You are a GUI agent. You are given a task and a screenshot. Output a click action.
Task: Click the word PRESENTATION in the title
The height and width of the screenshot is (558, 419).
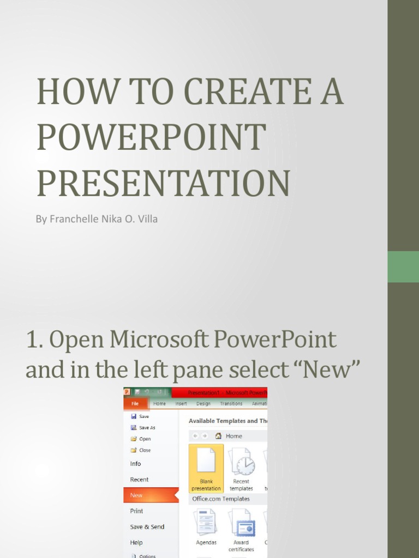pyautogui.click(x=163, y=184)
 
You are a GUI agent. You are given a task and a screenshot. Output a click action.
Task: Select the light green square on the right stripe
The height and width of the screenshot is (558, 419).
pyautogui.click(x=403, y=266)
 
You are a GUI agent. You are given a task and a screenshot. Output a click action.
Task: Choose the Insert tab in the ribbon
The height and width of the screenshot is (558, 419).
pyautogui.click(x=181, y=404)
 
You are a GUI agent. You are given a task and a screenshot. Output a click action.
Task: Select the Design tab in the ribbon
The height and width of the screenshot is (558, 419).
pyautogui.click(x=203, y=404)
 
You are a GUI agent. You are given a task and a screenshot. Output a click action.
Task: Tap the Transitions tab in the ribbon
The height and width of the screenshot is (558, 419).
pyautogui.click(x=231, y=404)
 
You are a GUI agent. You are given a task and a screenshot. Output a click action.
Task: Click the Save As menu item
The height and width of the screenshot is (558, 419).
pyautogui.click(x=147, y=428)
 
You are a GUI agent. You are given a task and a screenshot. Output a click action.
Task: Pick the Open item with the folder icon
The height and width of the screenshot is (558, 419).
pyautogui.click(x=145, y=439)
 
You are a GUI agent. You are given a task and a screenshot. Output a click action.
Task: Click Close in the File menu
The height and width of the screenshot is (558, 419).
pyautogui.click(x=145, y=450)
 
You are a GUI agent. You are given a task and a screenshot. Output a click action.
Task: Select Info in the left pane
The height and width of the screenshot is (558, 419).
pyautogui.click(x=135, y=464)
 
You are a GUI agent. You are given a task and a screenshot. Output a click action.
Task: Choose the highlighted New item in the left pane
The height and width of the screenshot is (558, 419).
pyautogui.click(x=136, y=495)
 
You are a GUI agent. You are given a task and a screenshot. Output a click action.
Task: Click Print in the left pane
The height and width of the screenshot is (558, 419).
pyautogui.click(x=136, y=511)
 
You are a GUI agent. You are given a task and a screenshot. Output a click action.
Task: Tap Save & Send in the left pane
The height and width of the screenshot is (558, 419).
pyautogui.click(x=147, y=527)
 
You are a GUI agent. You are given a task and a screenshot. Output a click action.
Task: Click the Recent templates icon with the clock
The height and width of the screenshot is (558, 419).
pyautogui.click(x=241, y=462)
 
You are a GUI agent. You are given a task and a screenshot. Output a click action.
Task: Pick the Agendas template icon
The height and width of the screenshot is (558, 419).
pyautogui.click(x=206, y=523)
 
